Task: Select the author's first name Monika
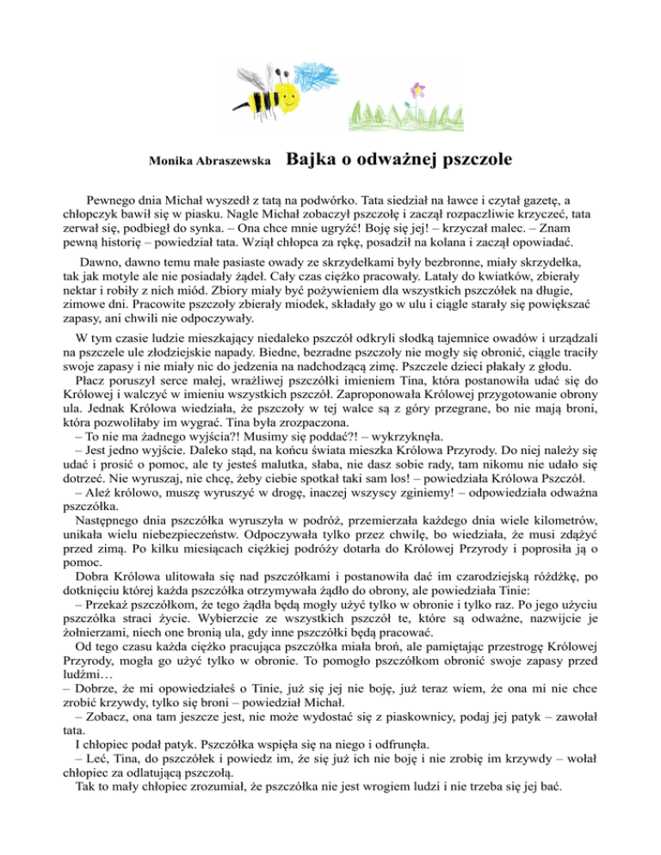pyautogui.click(x=171, y=161)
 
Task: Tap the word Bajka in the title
pyautogui.click(x=308, y=158)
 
